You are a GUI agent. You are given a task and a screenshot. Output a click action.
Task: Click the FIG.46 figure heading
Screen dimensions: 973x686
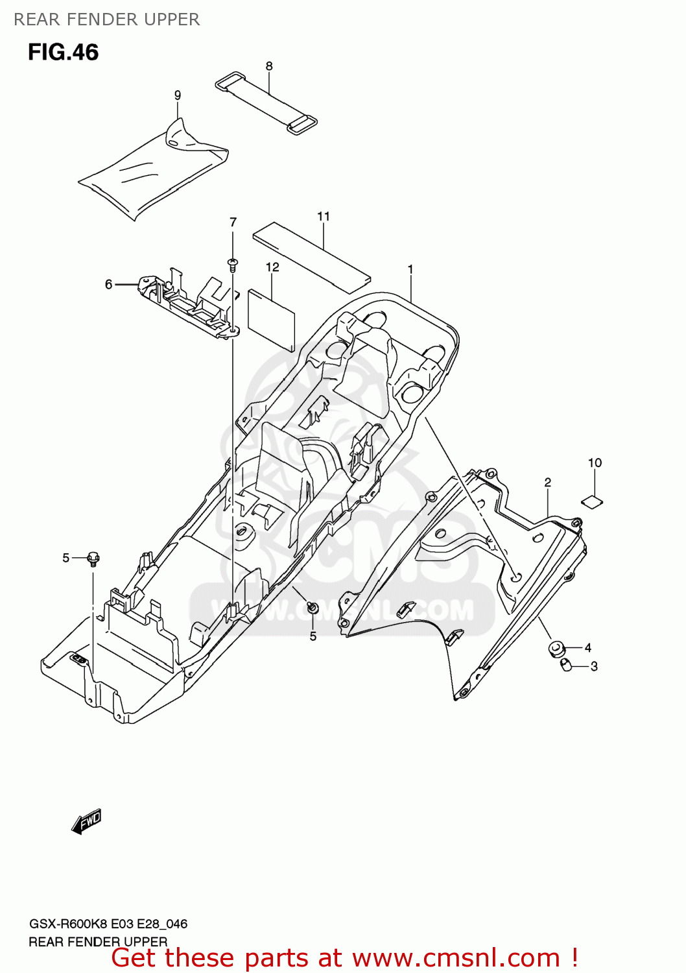pyautogui.click(x=63, y=52)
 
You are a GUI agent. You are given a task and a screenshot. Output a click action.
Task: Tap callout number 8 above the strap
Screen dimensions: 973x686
pyautogui.click(x=269, y=66)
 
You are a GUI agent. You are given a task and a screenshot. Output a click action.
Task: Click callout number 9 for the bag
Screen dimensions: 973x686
pyautogui.click(x=178, y=95)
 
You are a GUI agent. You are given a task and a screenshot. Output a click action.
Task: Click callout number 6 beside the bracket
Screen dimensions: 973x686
pyautogui.click(x=108, y=284)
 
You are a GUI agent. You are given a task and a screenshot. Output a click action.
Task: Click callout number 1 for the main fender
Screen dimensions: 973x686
pyautogui.click(x=410, y=269)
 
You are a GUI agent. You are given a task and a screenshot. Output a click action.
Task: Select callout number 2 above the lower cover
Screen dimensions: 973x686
pyautogui.click(x=548, y=483)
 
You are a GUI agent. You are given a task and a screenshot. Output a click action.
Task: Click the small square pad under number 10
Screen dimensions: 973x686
pyautogui.click(x=591, y=500)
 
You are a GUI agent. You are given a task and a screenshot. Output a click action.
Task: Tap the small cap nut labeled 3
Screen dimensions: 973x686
pyautogui.click(x=566, y=664)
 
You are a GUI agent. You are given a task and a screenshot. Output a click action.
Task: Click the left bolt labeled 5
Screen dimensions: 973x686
pyautogui.click(x=93, y=558)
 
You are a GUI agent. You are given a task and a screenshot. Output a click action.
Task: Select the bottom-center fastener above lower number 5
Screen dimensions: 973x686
pyautogui.click(x=313, y=608)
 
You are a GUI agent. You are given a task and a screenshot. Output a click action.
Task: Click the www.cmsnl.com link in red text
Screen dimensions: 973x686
pyautogui.click(x=456, y=958)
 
